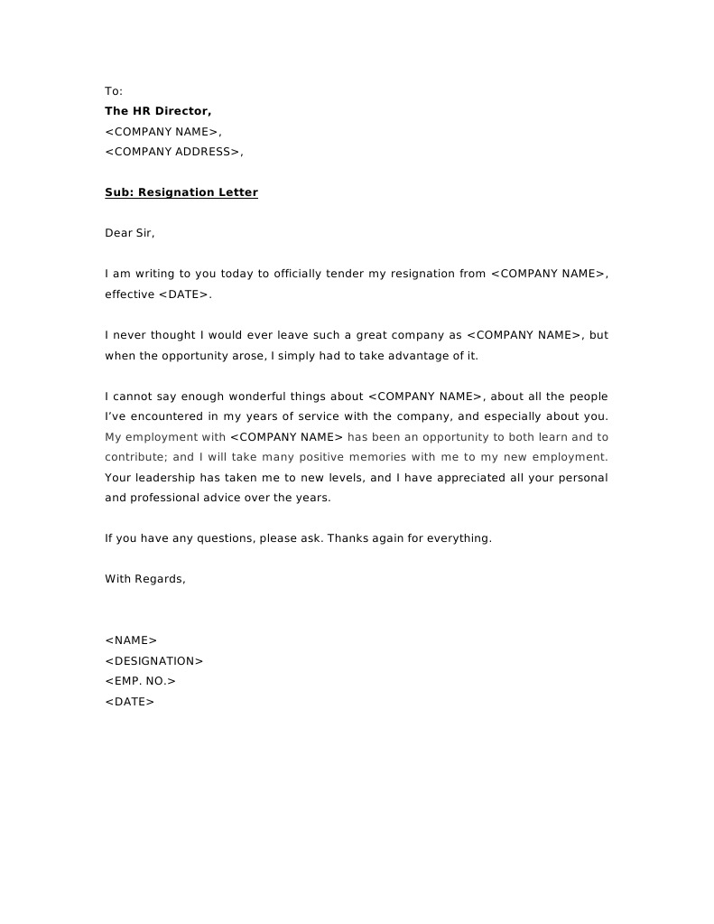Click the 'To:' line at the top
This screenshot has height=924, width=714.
pyautogui.click(x=114, y=91)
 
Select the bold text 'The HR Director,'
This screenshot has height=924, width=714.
pyautogui.click(x=158, y=111)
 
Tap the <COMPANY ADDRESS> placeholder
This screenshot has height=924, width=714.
pyautogui.click(x=173, y=152)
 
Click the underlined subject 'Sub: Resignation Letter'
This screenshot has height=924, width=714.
pyautogui.click(x=181, y=192)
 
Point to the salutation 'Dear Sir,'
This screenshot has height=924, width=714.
pyautogui.click(x=130, y=233)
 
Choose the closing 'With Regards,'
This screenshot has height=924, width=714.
pyautogui.click(x=145, y=579)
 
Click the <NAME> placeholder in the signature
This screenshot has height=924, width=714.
pyautogui.click(x=131, y=640)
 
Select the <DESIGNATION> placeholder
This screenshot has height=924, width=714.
pyautogui.click(x=154, y=661)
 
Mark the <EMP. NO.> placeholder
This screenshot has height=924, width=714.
pyautogui.click(x=140, y=681)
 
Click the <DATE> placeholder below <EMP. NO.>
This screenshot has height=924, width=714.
pyautogui.click(x=130, y=702)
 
